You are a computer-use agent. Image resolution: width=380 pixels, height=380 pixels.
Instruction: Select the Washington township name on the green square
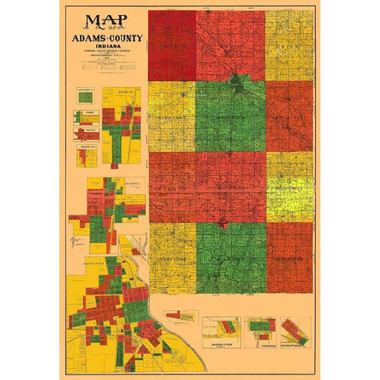[230, 123]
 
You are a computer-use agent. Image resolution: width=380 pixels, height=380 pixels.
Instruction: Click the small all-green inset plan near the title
[85, 97]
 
